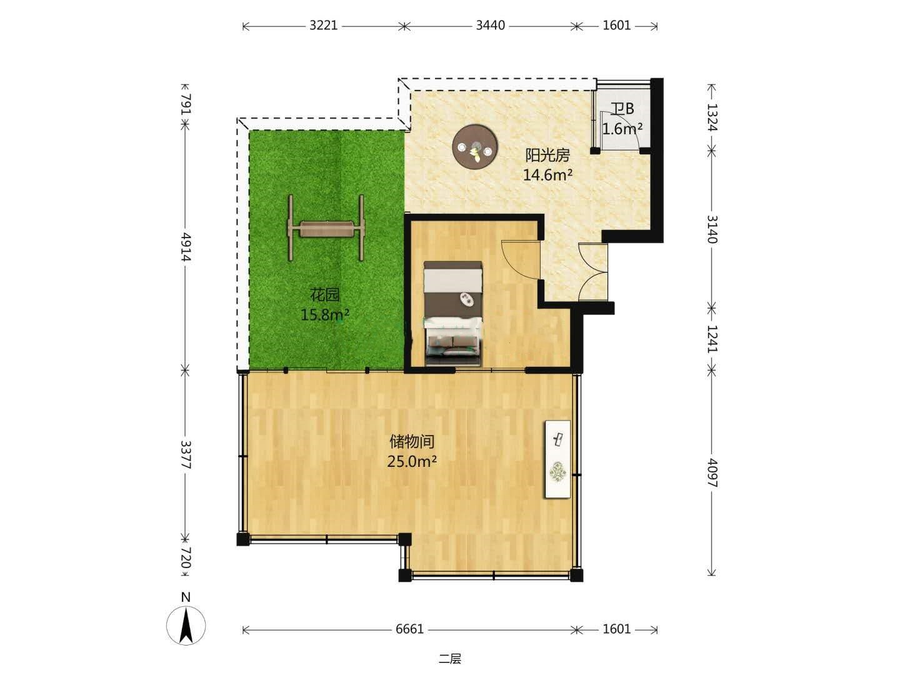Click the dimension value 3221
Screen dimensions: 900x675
(323, 26)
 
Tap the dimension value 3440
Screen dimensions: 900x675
(490, 26)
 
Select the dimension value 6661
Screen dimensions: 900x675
(409, 629)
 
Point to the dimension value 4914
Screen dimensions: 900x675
(186, 247)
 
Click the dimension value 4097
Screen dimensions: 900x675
(712, 472)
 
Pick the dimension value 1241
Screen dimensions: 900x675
(712, 339)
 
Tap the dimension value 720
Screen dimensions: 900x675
(186, 557)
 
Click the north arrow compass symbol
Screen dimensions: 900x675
(186, 626)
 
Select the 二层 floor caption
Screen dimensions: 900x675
(450, 659)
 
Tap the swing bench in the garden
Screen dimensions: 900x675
(326, 228)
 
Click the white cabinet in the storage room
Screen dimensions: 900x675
(557, 459)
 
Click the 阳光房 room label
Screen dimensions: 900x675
(547, 156)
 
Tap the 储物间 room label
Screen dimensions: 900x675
(412, 442)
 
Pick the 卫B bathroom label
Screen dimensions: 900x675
(622, 109)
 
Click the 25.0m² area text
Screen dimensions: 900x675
(412, 462)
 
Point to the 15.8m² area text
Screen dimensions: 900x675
(325, 315)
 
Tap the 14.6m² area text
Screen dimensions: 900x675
(547, 176)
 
